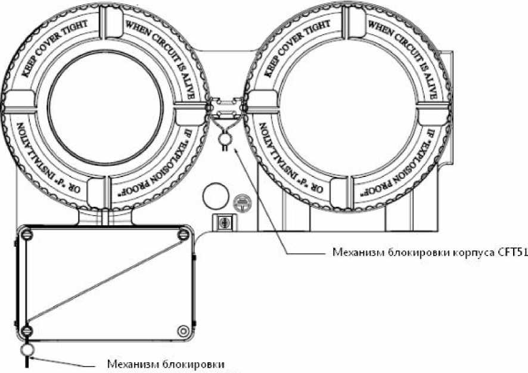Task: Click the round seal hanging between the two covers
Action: (225, 138)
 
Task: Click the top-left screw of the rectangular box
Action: (26, 236)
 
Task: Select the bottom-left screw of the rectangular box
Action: (26, 330)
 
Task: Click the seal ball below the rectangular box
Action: (27, 349)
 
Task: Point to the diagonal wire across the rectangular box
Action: (105, 282)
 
